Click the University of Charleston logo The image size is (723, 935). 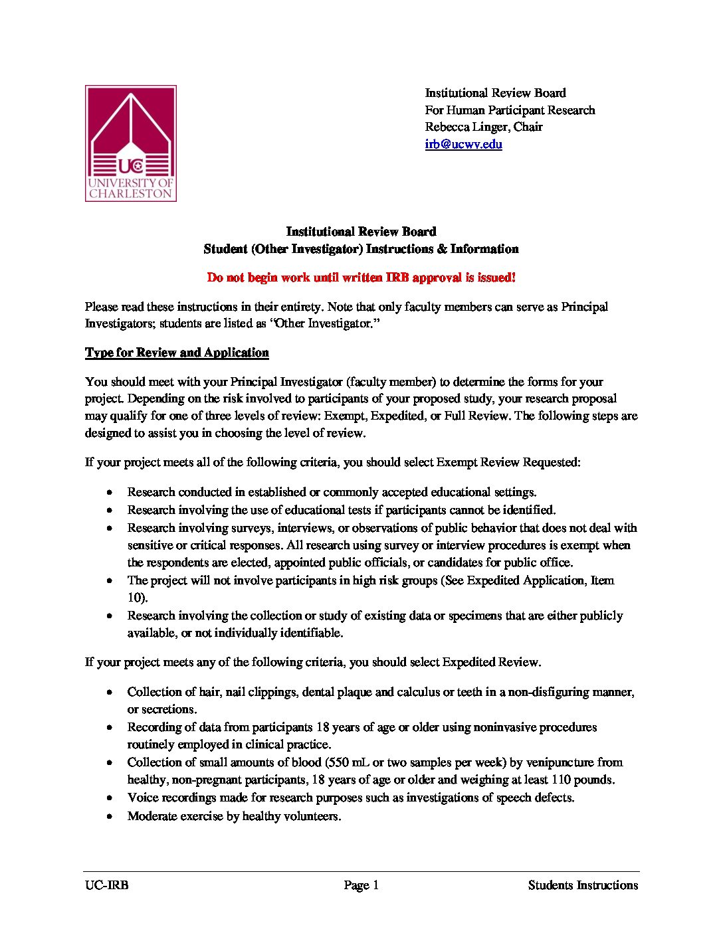[130, 143]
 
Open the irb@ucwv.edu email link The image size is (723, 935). [463, 144]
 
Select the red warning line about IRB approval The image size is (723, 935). [361, 278]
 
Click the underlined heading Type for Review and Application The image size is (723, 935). [177, 353]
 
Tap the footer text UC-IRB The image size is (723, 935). [106, 885]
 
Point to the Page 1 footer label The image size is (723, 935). [361, 885]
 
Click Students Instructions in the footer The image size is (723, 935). [583, 885]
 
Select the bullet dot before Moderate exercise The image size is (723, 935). [110, 817]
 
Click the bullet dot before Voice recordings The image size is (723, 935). [110, 798]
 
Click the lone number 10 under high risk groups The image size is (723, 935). [135, 598]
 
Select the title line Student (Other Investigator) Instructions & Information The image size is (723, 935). [361, 249]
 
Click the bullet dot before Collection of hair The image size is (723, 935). [110, 693]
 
